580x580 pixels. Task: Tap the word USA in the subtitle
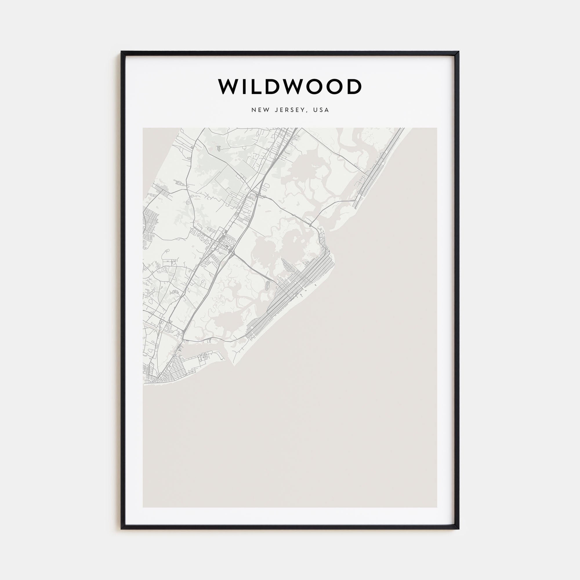coord(321,110)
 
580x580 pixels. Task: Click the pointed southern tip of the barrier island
coord(234,365)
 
